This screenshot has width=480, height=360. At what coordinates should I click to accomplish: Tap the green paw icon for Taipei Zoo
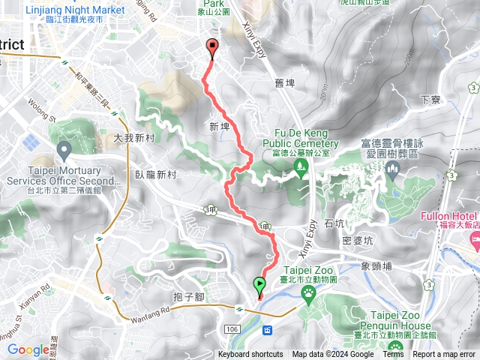(x=308, y=297)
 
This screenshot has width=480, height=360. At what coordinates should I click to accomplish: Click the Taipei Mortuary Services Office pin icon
(x=62, y=151)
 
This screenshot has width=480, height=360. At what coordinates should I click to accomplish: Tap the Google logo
(x=28, y=349)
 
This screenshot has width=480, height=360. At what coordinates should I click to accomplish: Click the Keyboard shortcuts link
(x=250, y=355)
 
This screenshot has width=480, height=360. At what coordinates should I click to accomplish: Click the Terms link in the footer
(x=393, y=355)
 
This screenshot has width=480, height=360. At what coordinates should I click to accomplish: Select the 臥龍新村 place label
(x=156, y=174)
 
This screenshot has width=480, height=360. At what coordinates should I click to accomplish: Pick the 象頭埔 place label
(x=376, y=265)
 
